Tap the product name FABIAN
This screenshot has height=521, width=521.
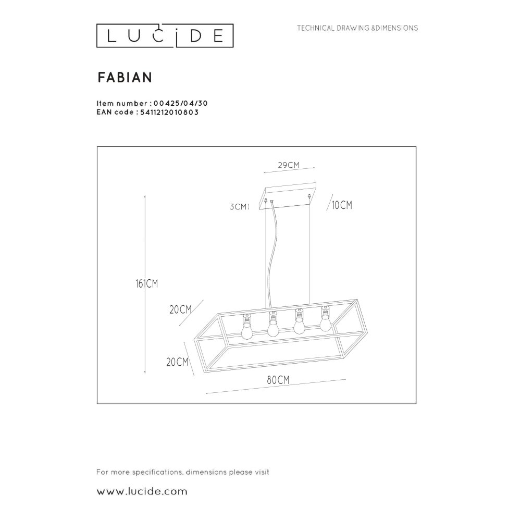pyautogui.click(x=125, y=77)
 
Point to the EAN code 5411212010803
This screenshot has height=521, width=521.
pyautogui.click(x=170, y=111)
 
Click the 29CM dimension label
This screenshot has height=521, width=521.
pyautogui.click(x=288, y=165)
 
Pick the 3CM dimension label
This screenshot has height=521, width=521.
pyautogui.click(x=239, y=207)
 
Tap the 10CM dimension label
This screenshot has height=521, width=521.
pyautogui.click(x=342, y=206)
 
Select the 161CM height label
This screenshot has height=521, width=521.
pyautogui.click(x=145, y=284)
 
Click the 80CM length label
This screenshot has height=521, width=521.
pyautogui.click(x=278, y=380)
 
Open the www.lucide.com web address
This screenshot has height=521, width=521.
pyautogui.click(x=142, y=491)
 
